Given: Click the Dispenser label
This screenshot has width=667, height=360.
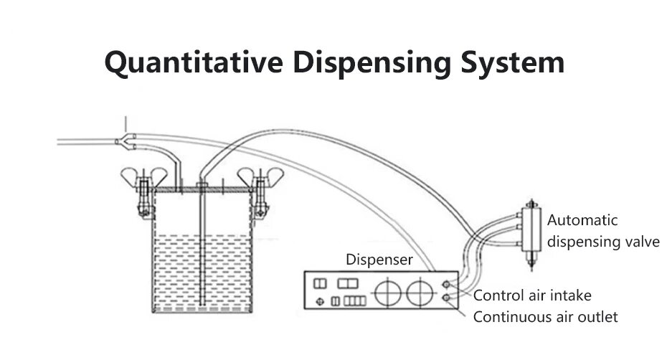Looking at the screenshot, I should click(x=379, y=260).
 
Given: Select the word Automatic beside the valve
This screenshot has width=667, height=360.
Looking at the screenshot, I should click(x=582, y=221).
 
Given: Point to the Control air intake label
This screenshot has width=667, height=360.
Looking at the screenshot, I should click(x=532, y=295).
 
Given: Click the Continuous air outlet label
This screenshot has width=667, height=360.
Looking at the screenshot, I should click(x=545, y=316).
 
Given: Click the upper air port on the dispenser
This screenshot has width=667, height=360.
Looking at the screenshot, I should click(x=447, y=284).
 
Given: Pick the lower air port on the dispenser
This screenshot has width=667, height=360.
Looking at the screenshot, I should click(x=447, y=298).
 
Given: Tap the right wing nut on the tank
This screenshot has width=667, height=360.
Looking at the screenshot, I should click(x=257, y=176).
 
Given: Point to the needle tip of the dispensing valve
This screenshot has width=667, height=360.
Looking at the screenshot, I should click(x=531, y=266).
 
